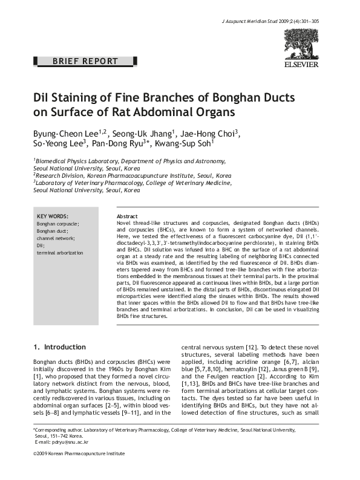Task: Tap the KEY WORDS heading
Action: [x=53, y=216]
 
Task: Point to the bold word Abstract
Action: [x=126, y=216]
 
